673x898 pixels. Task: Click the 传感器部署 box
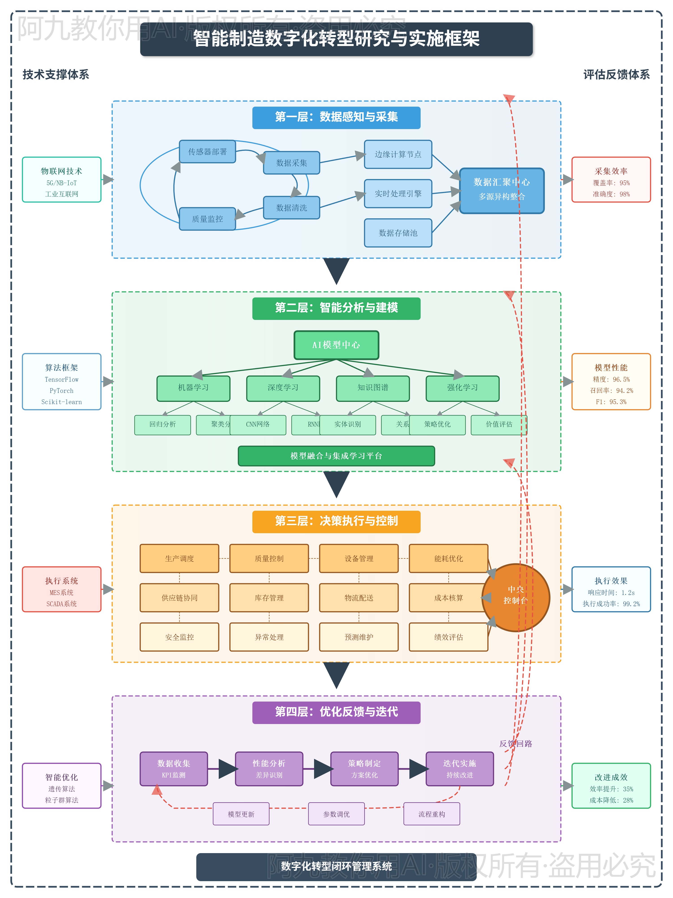pos(207,152)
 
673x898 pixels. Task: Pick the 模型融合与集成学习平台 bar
pos(336,456)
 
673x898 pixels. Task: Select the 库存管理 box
pos(269,598)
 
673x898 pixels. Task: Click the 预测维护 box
pos(359,637)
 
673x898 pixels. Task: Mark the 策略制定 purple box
pos(364,768)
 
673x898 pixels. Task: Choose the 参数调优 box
pos(336,814)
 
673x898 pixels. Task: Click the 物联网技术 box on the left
pos(62,179)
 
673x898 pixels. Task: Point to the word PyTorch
pos(62,391)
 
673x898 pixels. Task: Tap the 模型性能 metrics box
pos(611,382)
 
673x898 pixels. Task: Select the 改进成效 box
pos(611,786)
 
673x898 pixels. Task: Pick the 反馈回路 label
pos(516,743)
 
